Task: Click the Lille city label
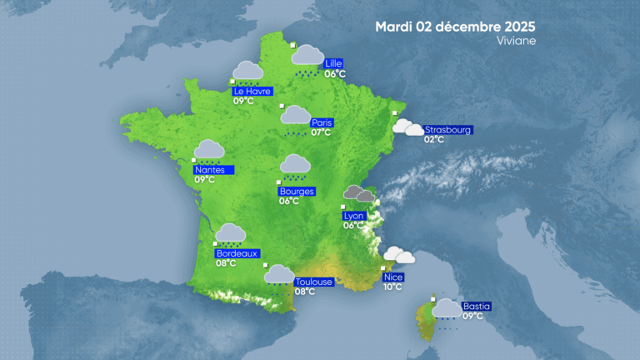point(334,63)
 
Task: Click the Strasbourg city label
point(448,130)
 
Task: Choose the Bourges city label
point(297,191)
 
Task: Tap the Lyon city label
point(353,216)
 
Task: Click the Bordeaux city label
point(237,253)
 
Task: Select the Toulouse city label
point(314,282)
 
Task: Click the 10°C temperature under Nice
point(392,287)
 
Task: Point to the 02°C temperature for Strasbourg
point(434,139)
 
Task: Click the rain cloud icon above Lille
point(308,57)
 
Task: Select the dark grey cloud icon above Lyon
point(359,194)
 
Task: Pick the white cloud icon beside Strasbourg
point(407,127)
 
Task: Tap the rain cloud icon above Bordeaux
point(231,233)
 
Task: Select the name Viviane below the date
point(517,40)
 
